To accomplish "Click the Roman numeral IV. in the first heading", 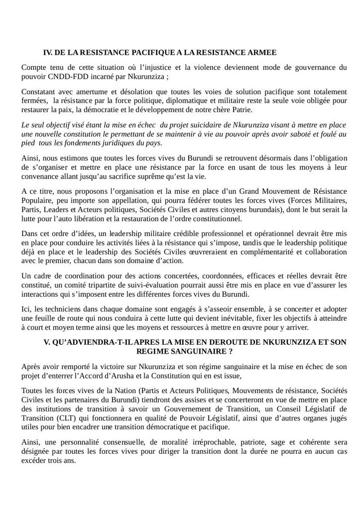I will coord(48,52).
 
